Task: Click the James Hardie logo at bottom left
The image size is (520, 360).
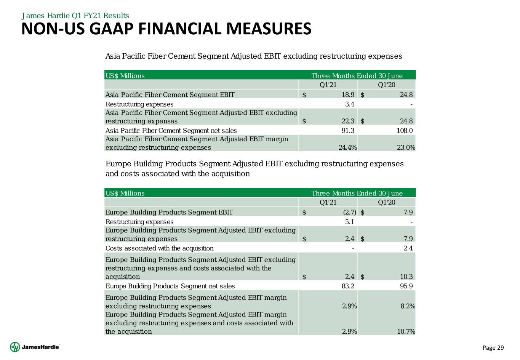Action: click(35, 347)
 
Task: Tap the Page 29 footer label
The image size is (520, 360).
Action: click(493, 347)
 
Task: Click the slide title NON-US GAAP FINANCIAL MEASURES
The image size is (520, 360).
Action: click(166, 29)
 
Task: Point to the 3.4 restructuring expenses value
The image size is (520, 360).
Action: click(350, 104)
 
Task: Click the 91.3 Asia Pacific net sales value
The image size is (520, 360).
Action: click(347, 130)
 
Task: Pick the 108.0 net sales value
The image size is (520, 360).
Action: click(405, 130)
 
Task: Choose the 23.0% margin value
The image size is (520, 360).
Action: click(406, 147)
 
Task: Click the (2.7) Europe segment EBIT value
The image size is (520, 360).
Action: click(347, 212)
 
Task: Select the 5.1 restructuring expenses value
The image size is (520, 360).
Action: click(350, 222)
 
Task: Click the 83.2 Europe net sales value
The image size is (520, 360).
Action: click(347, 286)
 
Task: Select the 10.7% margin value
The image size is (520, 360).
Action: click(406, 332)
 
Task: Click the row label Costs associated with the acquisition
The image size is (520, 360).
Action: click(159, 248)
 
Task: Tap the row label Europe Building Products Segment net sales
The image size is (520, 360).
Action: click(170, 286)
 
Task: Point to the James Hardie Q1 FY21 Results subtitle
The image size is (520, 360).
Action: click(75, 16)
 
